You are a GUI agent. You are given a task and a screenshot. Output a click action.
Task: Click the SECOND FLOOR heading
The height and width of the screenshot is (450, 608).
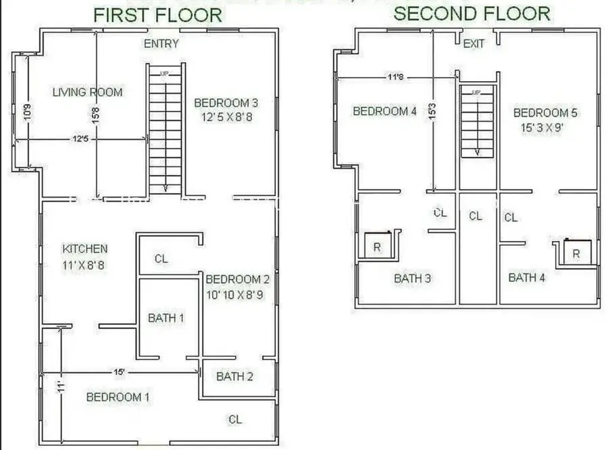(472, 14)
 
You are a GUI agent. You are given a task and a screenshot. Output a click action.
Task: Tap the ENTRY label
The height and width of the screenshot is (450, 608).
(161, 44)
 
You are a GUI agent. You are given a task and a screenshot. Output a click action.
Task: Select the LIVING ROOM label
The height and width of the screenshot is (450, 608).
(88, 92)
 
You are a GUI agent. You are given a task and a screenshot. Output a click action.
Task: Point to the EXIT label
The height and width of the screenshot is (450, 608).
(474, 44)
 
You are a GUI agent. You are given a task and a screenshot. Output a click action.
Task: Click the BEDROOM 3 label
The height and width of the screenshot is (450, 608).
(226, 103)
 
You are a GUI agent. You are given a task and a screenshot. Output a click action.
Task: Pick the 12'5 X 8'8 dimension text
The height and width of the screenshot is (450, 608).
(226, 117)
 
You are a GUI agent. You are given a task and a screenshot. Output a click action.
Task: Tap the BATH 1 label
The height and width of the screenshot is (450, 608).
(166, 318)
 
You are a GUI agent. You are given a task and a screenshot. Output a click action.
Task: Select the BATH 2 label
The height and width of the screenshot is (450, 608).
(234, 376)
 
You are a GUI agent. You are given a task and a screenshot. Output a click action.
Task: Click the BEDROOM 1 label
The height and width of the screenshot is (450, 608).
(118, 397)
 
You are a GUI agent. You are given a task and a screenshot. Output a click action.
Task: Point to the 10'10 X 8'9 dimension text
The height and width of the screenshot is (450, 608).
(237, 294)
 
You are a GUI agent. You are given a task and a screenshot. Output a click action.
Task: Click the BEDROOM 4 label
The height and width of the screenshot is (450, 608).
(384, 111)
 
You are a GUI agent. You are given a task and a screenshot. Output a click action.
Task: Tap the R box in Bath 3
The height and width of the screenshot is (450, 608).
(377, 247)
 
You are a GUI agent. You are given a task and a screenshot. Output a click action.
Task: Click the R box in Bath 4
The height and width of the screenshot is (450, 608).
(576, 253)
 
